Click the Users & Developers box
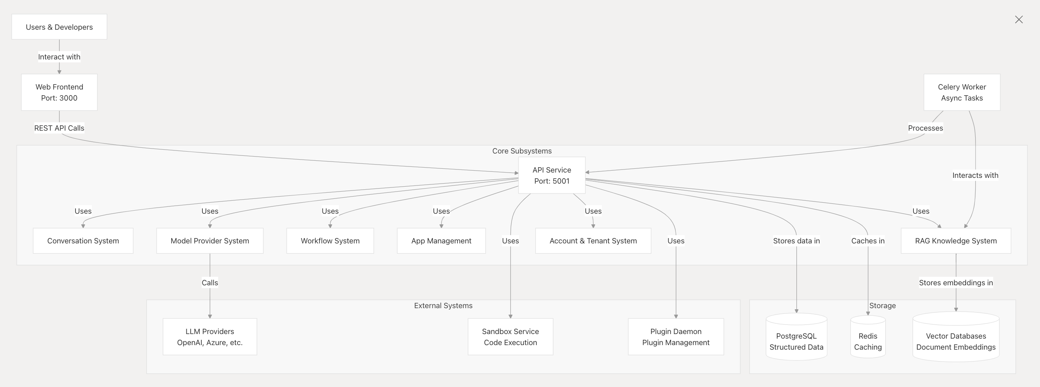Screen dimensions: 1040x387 click(59, 27)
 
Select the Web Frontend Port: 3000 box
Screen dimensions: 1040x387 click(59, 92)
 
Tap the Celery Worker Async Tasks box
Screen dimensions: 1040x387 click(962, 92)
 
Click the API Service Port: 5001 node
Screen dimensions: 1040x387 click(552, 175)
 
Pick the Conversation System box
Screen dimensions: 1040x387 click(83, 240)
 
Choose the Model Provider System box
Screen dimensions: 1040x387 click(210, 240)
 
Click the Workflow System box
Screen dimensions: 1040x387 click(330, 240)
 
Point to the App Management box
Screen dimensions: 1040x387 click(441, 240)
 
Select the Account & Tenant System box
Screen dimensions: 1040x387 click(593, 240)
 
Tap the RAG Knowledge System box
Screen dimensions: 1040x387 click(956, 240)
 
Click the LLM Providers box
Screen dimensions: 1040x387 click(210, 337)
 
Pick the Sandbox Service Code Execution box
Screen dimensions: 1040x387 click(510, 337)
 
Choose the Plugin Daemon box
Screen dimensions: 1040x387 click(676, 337)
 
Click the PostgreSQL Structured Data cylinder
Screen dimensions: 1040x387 click(796, 337)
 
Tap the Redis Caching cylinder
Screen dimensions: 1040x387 click(868, 337)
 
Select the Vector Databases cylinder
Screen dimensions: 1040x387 click(956, 337)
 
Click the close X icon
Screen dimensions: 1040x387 click(1019, 19)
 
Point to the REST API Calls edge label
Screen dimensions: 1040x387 click(59, 128)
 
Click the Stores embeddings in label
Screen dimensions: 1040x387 click(956, 283)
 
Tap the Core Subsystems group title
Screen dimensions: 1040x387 click(522, 151)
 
